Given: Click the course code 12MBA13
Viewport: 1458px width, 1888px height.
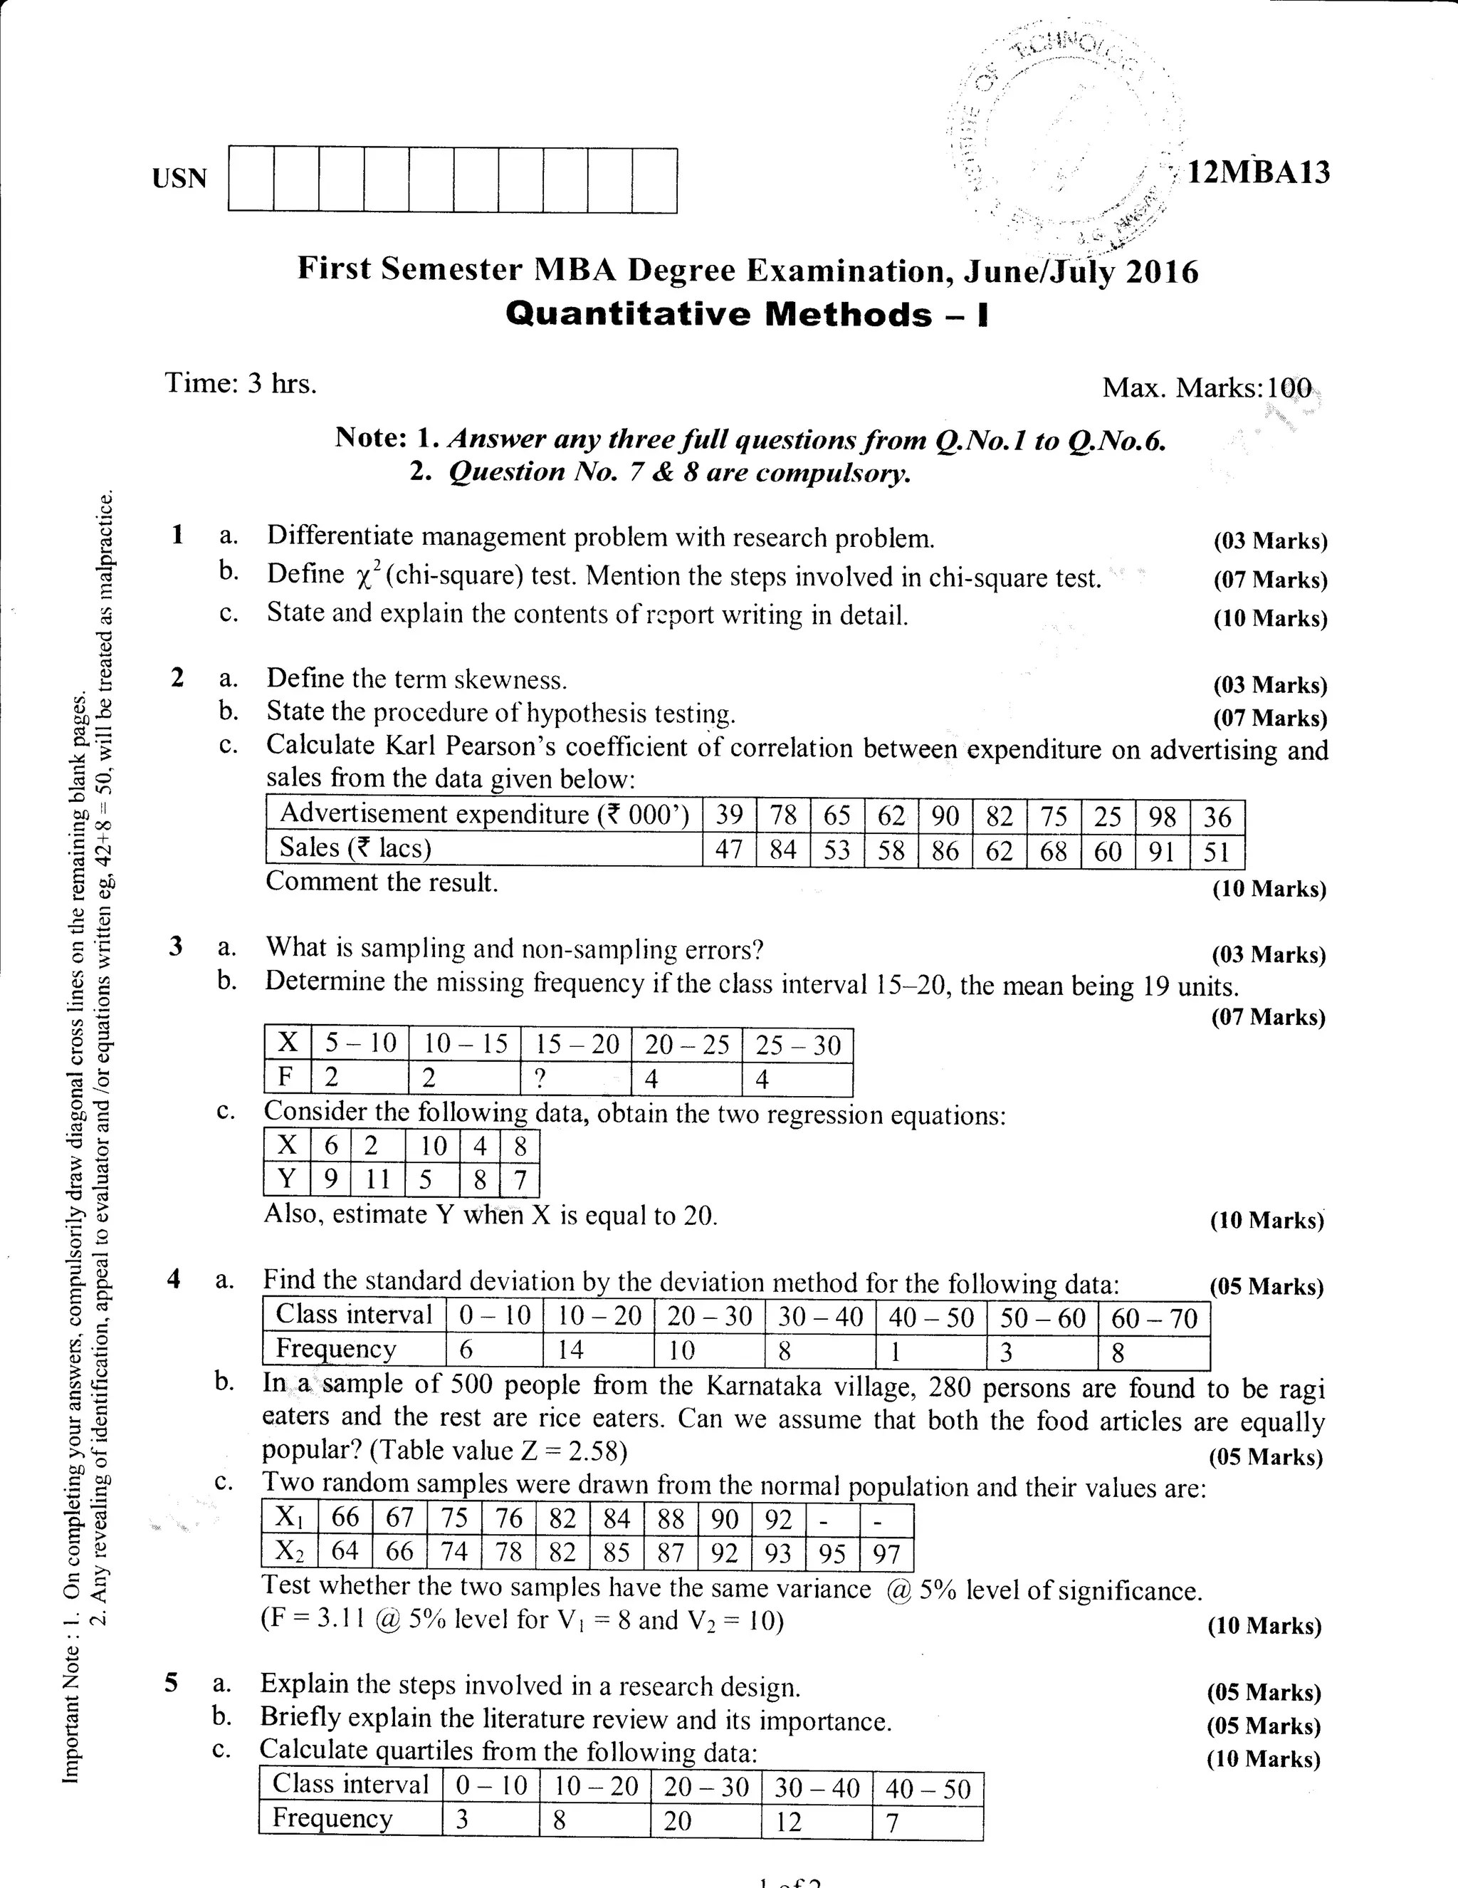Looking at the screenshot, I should pyautogui.click(x=1259, y=173).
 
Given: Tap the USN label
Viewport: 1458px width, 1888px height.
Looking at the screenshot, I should pyautogui.click(x=180, y=178).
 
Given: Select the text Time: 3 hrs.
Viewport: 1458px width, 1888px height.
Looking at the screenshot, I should pyautogui.click(x=241, y=383).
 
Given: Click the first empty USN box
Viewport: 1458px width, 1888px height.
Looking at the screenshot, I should pyautogui.click(x=251, y=179).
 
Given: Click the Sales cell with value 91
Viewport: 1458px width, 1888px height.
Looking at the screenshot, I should pyautogui.click(x=1163, y=852).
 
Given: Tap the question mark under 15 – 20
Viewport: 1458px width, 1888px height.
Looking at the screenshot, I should pyautogui.click(x=540, y=1079).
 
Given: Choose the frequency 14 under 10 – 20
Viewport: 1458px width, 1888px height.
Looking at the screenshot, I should pyautogui.click(x=570, y=1350).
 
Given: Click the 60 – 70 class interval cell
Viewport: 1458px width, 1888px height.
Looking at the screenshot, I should pyautogui.click(x=1154, y=1318).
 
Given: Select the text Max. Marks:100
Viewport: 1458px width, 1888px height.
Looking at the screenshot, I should pyautogui.click(x=1207, y=387).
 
